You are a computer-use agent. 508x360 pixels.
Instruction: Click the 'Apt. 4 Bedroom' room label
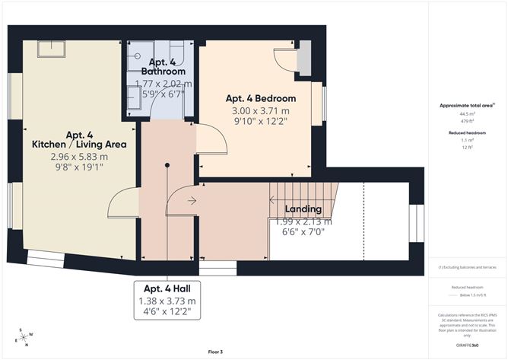261,99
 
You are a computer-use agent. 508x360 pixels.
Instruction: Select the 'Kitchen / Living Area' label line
74,143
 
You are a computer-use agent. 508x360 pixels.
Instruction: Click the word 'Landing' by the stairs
303,209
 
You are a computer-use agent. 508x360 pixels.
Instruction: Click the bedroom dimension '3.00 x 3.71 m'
261,111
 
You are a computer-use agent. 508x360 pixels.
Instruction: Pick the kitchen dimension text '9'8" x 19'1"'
74,168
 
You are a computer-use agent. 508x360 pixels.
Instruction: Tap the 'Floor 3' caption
216,352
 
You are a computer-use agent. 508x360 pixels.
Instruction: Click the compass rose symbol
24,336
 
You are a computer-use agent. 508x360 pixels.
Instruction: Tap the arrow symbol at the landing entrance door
191,201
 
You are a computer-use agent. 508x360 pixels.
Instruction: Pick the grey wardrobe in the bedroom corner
304,59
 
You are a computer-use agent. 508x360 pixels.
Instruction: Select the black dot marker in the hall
166,164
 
